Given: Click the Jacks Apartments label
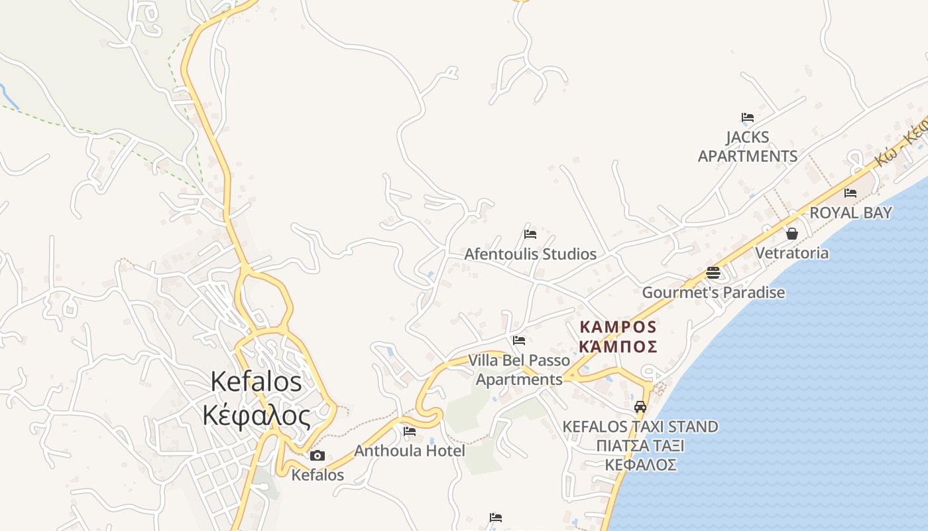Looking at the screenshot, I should click(748, 147).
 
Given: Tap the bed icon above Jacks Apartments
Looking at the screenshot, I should click(748, 117).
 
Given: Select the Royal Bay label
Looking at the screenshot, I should click(850, 213).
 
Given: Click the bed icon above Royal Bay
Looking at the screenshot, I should click(850, 193).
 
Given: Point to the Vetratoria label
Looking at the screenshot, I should click(791, 253).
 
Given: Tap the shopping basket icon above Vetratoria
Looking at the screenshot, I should click(791, 234).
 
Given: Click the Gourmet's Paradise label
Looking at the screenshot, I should click(713, 293).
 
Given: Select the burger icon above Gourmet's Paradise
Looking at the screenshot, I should click(713, 272).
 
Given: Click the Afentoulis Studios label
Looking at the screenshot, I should click(530, 254).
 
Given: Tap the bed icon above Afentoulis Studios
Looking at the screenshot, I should click(530, 234).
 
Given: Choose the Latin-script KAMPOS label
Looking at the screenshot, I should click(618, 327).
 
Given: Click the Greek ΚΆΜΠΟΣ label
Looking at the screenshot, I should click(618, 346).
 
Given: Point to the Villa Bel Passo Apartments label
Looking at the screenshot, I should click(519, 370).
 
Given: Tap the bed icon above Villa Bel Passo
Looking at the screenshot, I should click(519, 341).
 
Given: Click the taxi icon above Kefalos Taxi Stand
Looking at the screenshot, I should click(640, 407).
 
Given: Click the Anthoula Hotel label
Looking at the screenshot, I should click(410, 451).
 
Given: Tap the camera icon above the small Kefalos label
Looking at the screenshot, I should click(318, 455).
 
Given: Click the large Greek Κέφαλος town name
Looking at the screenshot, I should click(257, 416).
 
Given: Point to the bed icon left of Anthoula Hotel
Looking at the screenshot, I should click(410, 431).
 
